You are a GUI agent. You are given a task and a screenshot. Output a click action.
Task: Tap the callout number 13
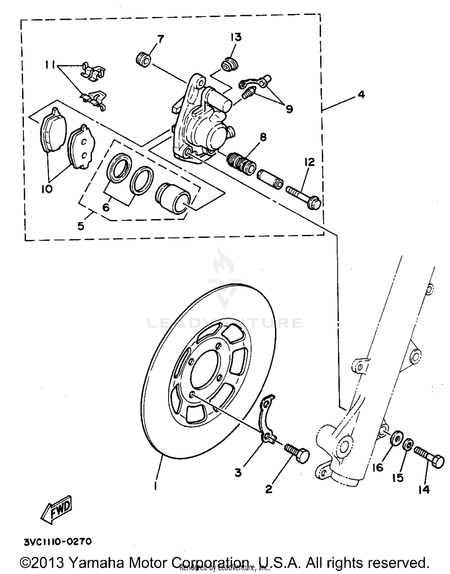(x=236, y=37)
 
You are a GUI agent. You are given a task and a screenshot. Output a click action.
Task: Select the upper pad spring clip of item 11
(x=94, y=72)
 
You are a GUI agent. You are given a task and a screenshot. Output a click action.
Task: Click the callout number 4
(x=361, y=94)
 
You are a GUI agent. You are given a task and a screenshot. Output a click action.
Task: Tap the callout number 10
(x=47, y=189)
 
